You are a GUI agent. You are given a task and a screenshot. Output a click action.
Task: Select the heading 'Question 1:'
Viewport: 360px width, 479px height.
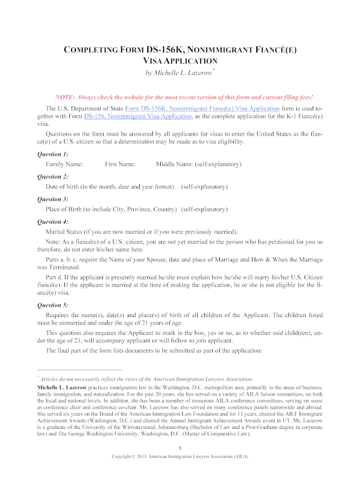52,154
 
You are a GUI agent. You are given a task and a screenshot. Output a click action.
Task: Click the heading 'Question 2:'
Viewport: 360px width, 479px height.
52,176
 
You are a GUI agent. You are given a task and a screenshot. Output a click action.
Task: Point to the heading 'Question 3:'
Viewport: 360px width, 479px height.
52,199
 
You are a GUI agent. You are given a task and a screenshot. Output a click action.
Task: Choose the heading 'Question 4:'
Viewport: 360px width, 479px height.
52,221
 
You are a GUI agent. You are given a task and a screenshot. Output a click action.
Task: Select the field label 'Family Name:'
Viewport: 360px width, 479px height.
64,164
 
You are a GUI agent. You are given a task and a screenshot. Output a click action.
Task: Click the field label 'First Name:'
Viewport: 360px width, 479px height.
120,164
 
